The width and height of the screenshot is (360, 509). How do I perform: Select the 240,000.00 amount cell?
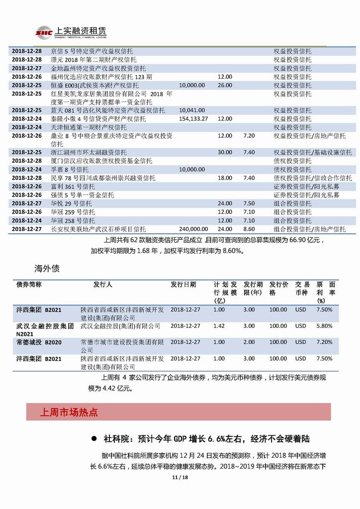click(193, 229)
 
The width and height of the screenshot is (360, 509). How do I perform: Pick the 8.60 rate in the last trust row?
click(249, 229)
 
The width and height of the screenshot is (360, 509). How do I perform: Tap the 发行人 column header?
click(103, 285)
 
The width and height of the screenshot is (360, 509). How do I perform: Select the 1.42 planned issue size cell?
click(219, 326)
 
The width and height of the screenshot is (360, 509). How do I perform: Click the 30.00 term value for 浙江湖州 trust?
click(225, 152)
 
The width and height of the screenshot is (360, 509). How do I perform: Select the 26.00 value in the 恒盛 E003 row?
click(225, 85)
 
